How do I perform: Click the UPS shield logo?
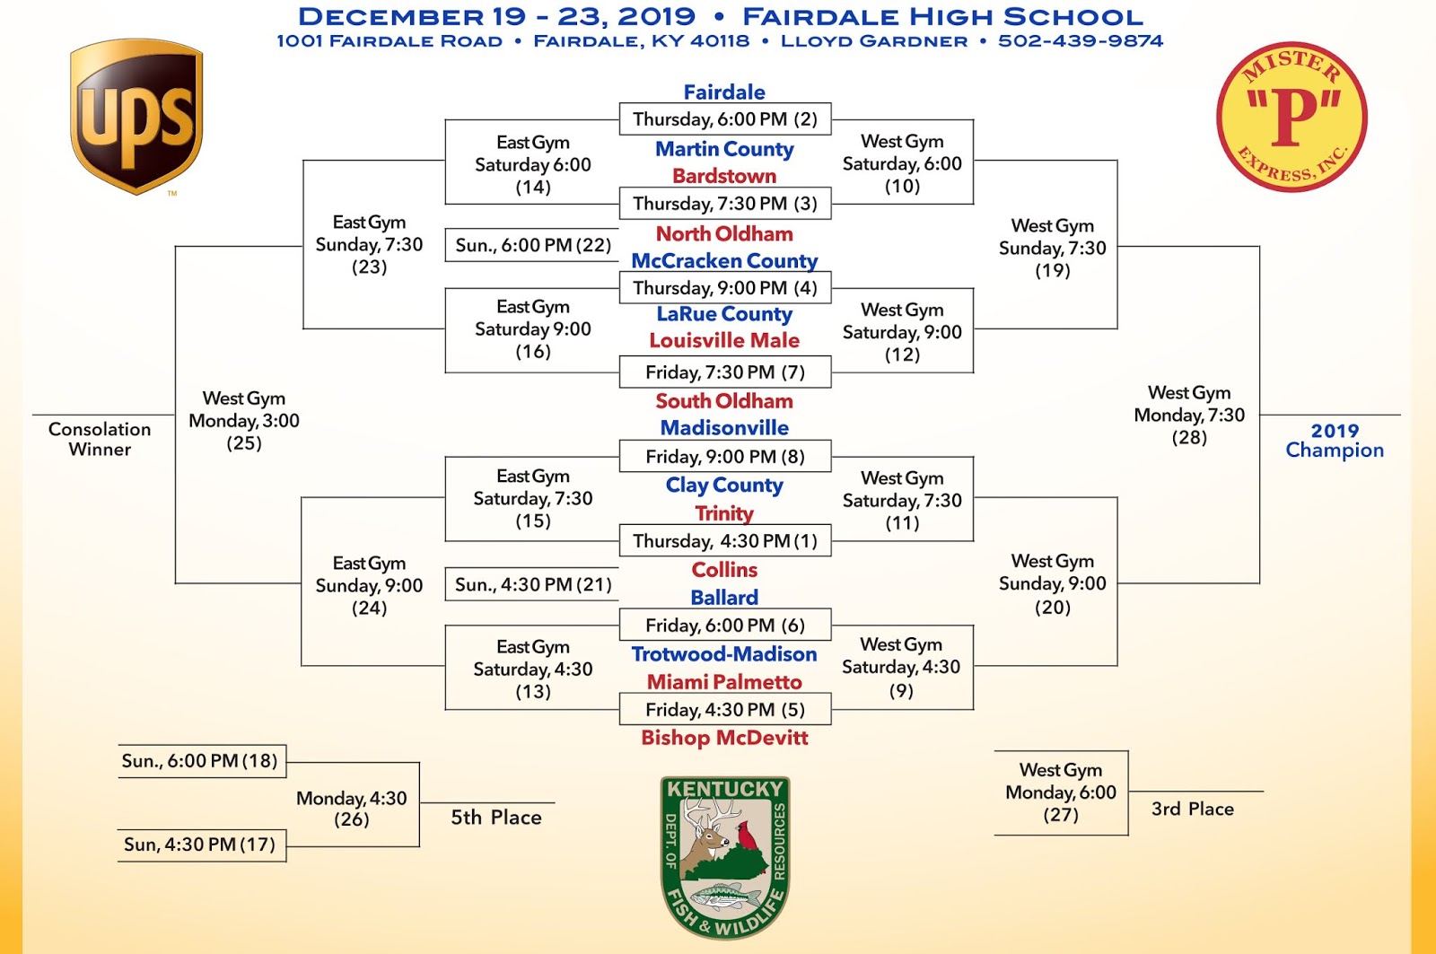[x=136, y=117]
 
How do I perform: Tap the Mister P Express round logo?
[x=1292, y=117]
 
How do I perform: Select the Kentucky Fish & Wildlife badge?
[x=725, y=857]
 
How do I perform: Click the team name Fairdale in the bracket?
[x=724, y=92]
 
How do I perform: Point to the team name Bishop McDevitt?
[x=724, y=738]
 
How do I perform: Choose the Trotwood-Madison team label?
[x=724, y=654]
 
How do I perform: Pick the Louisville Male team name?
[x=724, y=341]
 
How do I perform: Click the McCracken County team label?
[x=724, y=261]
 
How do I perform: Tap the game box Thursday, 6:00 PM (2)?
[x=725, y=119]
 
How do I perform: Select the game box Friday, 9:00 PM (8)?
[x=725, y=457]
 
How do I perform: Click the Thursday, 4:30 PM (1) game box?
[x=725, y=541]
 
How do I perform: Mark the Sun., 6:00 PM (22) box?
[x=533, y=245]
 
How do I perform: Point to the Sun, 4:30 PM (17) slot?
[x=200, y=845]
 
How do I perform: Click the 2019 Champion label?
[x=1335, y=441]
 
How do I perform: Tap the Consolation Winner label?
[x=100, y=439]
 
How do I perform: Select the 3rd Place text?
[x=1193, y=809]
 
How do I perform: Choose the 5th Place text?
[x=496, y=818]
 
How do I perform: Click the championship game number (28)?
[x=1189, y=438]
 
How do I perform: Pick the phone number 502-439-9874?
[x=1081, y=41]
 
